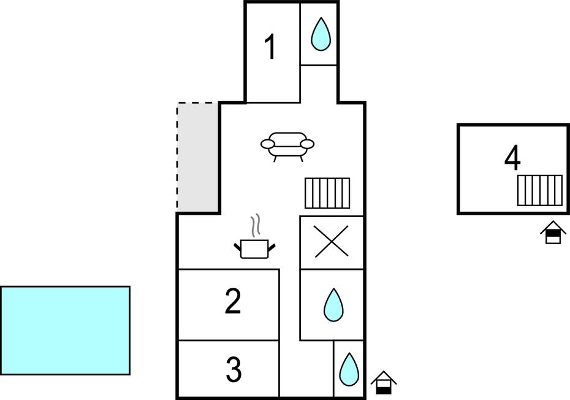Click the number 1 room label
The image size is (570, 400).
[270, 47]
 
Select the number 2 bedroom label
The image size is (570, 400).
[233, 302]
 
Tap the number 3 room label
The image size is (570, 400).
[234, 369]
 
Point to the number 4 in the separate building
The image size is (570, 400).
[512, 158]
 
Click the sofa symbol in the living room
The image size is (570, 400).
[287, 146]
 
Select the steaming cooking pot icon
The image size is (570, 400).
[254, 248]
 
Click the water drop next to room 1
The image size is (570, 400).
[320, 34]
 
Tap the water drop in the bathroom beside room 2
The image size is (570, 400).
[333, 305]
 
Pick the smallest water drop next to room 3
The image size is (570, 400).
[349, 369]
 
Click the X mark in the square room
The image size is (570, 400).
[331, 241]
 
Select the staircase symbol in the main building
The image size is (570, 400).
[327, 193]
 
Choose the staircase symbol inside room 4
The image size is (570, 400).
[539, 190]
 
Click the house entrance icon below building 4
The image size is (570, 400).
[553, 233]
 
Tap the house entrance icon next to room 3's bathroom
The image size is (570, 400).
[384, 383]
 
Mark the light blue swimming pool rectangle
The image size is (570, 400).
[65, 330]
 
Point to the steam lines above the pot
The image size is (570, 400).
[257, 225]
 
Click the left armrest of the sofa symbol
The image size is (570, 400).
[267, 144]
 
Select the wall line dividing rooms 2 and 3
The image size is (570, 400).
[228, 340]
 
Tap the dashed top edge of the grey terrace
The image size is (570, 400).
[197, 103]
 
